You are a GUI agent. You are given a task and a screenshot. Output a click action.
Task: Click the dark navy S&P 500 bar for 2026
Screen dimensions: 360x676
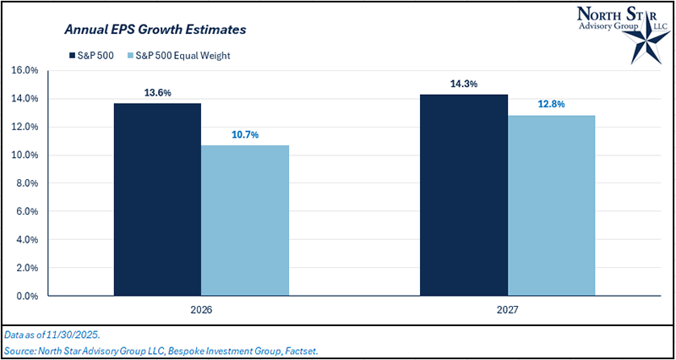[x=157, y=199]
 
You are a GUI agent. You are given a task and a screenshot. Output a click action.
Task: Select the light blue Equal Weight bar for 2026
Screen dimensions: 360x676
[x=245, y=221]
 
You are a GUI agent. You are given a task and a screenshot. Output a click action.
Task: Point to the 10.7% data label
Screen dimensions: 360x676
[x=245, y=134]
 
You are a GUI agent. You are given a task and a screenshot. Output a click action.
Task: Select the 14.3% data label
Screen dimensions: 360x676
[x=464, y=85]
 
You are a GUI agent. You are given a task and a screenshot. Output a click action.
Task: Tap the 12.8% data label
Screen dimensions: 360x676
[x=551, y=105]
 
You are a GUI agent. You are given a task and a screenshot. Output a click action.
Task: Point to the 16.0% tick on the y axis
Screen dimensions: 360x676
[x=25, y=70]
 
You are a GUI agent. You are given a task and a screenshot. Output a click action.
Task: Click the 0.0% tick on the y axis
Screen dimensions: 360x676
[x=25, y=297]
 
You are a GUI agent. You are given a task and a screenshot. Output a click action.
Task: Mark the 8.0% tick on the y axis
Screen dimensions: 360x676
[x=25, y=183]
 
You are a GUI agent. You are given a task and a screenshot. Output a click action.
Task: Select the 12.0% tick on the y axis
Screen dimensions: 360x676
[x=25, y=127]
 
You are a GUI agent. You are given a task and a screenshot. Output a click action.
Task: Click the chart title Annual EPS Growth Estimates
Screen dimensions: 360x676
[x=155, y=30]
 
